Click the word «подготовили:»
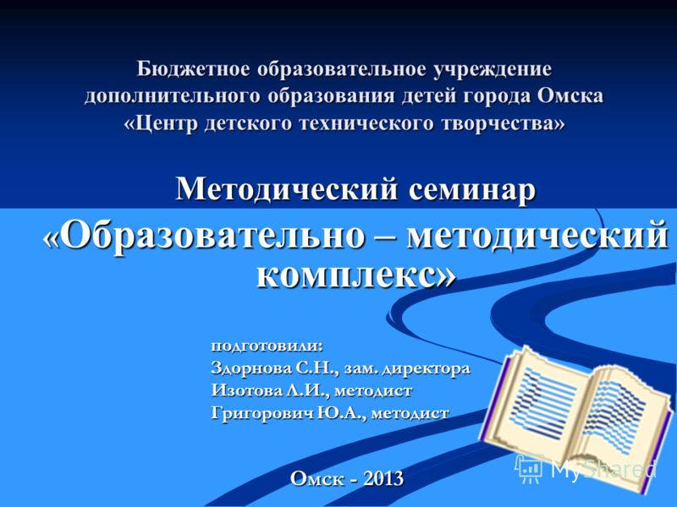(x=267, y=346)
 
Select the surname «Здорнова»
(x=250, y=368)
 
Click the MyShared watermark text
(x=603, y=468)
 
